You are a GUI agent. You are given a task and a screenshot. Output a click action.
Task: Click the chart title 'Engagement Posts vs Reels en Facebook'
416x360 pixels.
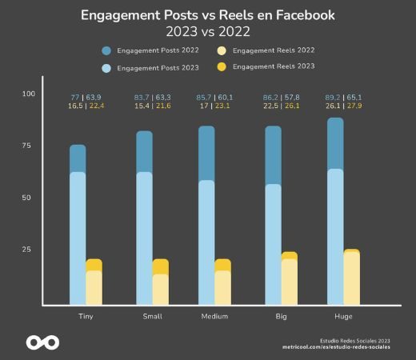[x=208, y=15]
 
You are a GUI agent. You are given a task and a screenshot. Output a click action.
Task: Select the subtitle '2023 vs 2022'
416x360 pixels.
[x=208, y=32]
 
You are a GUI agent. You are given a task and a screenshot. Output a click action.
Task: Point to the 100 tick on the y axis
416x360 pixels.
[x=29, y=94]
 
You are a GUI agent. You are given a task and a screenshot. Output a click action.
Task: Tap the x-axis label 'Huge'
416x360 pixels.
[x=335, y=317]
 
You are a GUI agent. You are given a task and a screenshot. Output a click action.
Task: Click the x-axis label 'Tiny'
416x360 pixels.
[x=85, y=317]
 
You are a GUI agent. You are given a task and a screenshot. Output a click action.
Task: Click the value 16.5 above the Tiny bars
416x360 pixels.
[x=76, y=106]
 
